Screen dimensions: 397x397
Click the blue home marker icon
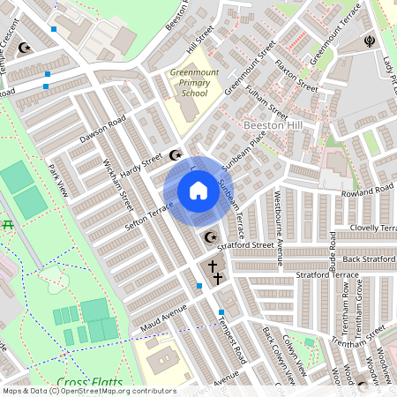tap(198, 191)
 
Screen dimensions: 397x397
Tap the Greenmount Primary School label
tap(189, 83)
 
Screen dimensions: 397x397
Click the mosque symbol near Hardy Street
tap(174, 156)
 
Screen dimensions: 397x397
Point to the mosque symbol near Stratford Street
tap(210, 236)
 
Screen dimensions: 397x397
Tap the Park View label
tap(58, 176)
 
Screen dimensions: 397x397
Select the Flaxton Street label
tap(296, 79)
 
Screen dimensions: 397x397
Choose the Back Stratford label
tap(364, 258)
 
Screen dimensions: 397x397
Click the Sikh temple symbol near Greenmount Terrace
tap(369, 41)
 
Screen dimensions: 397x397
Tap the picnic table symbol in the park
tap(9, 226)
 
